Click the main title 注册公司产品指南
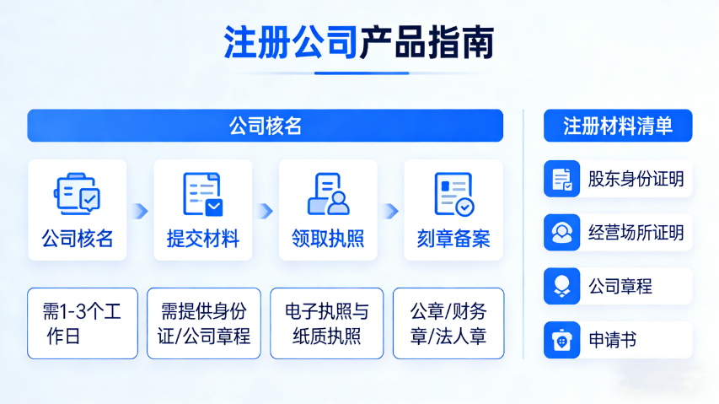tap(358, 42)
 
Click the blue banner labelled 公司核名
tap(265, 126)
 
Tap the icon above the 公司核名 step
tap(77, 193)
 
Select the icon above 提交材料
tap(202, 193)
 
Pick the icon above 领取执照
tap(328, 193)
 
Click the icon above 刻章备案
tap(453, 193)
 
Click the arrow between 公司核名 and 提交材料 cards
tap(141, 210)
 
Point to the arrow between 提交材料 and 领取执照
tap(266, 210)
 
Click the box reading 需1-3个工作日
tap(82, 323)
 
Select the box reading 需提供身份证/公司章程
tap(204, 323)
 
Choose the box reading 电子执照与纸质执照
tap(326, 323)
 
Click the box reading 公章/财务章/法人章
tap(448, 323)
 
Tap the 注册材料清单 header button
tap(618, 126)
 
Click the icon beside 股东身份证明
tap(561, 179)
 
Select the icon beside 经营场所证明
tap(561, 232)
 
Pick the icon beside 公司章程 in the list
tap(561, 286)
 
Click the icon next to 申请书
tap(561, 340)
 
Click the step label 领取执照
tap(328, 239)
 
